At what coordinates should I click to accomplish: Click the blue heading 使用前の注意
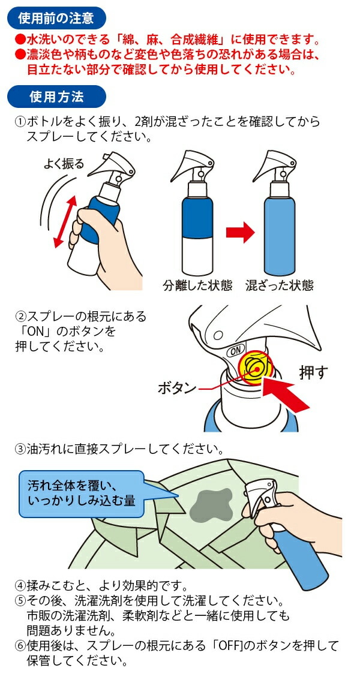click(56, 19)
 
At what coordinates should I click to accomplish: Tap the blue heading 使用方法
click(56, 96)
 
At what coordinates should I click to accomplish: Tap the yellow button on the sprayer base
click(256, 368)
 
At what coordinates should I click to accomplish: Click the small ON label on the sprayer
click(236, 350)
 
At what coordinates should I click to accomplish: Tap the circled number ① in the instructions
click(20, 122)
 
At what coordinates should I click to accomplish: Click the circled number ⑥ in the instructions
click(20, 646)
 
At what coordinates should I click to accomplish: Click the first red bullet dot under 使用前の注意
click(19, 40)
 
